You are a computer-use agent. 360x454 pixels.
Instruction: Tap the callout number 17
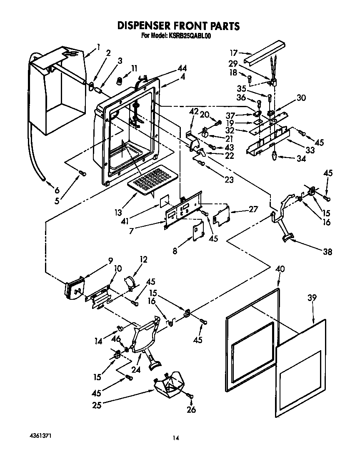(x=234, y=53)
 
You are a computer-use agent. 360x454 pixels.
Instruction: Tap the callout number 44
(x=182, y=68)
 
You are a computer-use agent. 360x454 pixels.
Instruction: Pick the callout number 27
(x=253, y=209)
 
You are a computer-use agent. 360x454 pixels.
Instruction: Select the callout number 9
(x=110, y=261)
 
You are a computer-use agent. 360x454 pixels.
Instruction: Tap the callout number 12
(x=144, y=259)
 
